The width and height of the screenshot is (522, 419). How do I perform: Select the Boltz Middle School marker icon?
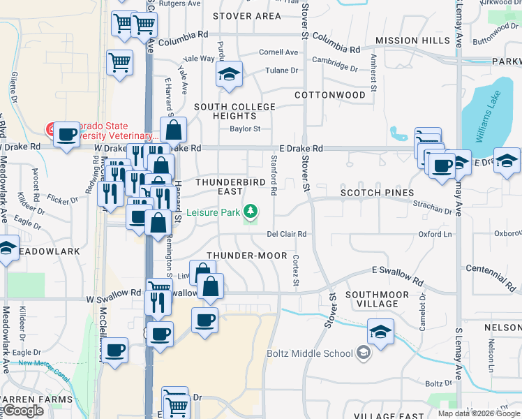[363, 353]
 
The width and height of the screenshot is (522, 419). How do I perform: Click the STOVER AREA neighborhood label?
[247, 15]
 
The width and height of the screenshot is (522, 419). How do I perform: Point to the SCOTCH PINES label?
[377, 192]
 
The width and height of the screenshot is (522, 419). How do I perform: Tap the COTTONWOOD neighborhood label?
[330, 94]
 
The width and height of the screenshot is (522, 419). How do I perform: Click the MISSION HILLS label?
[412, 41]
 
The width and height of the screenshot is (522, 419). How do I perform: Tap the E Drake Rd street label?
[301, 149]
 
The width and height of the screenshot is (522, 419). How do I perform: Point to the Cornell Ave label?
[278, 52]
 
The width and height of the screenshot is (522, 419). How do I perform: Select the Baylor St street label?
[245, 128]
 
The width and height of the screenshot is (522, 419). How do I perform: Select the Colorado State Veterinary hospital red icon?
[52, 129]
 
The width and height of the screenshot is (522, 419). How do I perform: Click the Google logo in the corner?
[23, 411]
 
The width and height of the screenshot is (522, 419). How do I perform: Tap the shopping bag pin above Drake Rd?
[173, 130]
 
